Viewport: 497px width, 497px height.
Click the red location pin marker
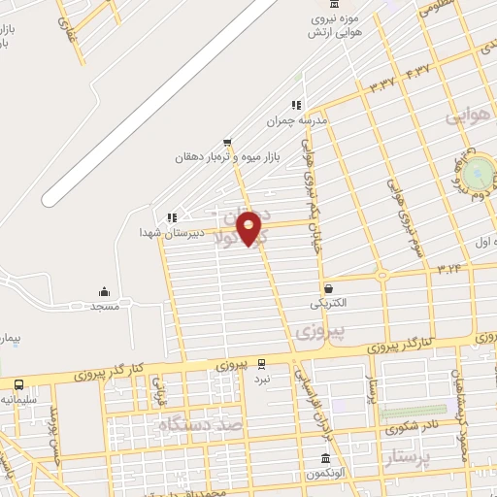click(x=250, y=229)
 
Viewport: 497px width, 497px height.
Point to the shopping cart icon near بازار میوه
click(x=226, y=142)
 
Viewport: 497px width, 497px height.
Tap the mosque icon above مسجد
click(x=104, y=291)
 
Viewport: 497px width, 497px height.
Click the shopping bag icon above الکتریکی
click(x=328, y=288)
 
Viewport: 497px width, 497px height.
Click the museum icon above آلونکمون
click(x=325, y=458)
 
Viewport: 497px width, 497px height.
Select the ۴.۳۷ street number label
click(x=417, y=71)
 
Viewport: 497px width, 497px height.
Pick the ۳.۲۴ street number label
click(x=448, y=265)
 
